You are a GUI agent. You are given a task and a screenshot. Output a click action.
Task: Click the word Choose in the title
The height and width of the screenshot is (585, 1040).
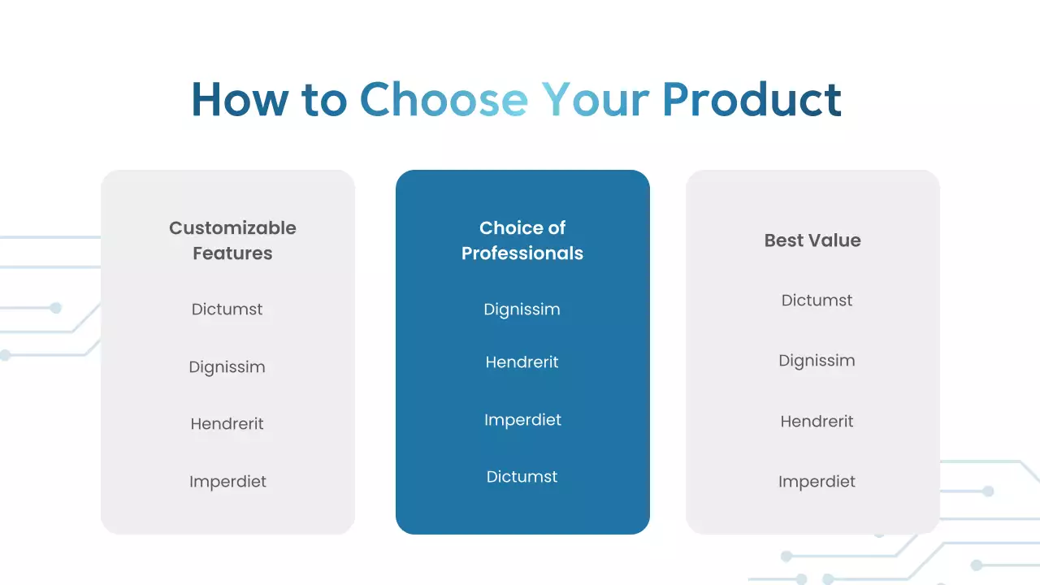pos(444,99)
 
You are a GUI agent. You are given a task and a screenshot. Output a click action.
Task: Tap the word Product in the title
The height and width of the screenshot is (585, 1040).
pos(752,99)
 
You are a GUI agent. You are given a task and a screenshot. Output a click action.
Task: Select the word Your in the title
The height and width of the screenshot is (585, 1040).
pos(596,99)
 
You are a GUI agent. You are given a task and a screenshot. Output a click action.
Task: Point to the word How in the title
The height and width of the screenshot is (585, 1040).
pos(240,99)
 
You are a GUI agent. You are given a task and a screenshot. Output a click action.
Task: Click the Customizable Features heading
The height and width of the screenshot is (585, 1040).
pos(232,240)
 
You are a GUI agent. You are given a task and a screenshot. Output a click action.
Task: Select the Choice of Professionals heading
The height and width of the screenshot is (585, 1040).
pos(522,240)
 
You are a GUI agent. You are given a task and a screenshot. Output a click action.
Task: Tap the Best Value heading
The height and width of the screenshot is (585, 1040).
pos(812,240)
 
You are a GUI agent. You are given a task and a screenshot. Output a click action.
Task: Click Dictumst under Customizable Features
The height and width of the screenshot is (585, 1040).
pos(227,310)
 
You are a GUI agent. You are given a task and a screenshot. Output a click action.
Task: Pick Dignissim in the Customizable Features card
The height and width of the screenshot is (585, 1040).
pos(227,367)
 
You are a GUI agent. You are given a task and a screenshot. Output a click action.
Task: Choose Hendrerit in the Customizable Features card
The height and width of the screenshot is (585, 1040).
pos(227,423)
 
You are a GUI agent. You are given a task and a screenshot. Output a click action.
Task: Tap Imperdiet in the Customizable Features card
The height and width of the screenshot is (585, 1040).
pos(227,482)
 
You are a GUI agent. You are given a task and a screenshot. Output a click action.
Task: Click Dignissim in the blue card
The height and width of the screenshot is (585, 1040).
pos(522,310)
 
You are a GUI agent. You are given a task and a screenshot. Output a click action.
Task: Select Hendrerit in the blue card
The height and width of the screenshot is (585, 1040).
pos(522,362)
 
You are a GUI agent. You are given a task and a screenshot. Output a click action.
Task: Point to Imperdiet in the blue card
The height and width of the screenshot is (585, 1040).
pos(522,420)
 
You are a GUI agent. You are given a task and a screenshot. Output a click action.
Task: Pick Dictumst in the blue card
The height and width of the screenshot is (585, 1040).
pos(522,477)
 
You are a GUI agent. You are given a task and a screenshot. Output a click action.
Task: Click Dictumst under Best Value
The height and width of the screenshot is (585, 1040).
pos(817,301)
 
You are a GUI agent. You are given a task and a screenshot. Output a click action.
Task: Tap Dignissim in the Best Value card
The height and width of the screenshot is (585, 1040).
pos(817,361)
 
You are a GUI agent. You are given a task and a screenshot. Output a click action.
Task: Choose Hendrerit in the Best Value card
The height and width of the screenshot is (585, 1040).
pos(817,421)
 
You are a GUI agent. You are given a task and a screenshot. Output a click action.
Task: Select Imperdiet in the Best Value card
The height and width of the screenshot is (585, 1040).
pos(817,482)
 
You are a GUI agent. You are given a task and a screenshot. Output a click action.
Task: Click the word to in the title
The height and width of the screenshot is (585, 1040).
pos(324,100)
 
